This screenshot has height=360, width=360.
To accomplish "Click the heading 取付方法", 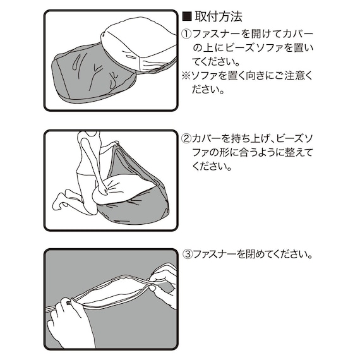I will [219, 18].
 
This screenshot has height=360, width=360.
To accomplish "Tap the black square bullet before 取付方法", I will [186, 18].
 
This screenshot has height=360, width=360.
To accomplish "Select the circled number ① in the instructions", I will [186, 33].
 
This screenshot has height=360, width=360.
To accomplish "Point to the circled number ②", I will [186, 139].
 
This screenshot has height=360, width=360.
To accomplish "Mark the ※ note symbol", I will [186, 75].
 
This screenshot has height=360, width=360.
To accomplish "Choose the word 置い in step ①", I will [302, 47].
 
